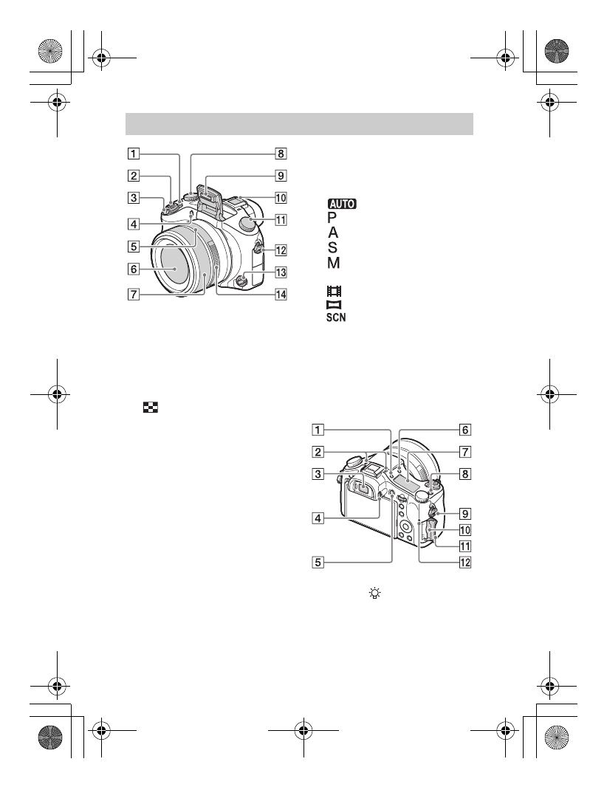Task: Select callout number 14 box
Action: (280, 292)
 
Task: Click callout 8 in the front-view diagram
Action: (280, 154)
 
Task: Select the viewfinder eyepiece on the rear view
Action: (366, 487)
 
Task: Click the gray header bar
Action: (299, 124)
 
